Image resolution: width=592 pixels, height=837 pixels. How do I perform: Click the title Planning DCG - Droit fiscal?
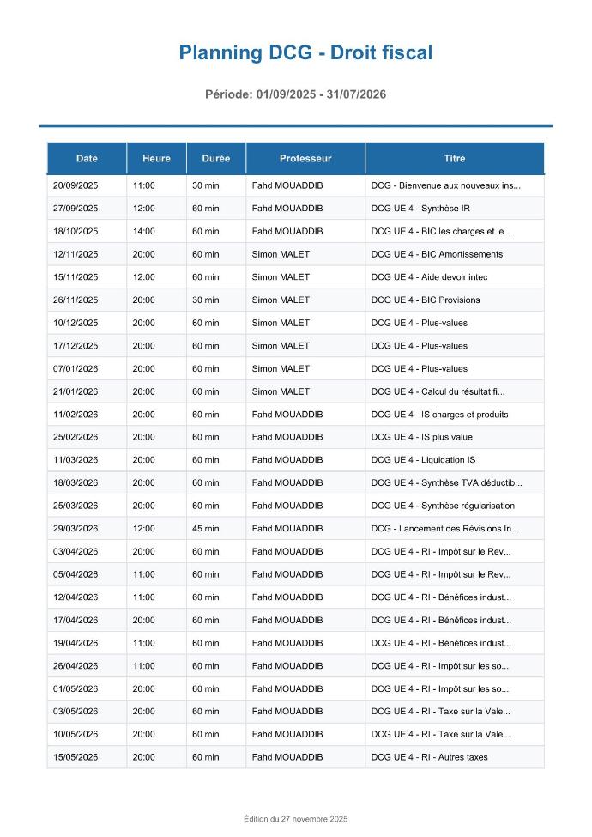(305, 53)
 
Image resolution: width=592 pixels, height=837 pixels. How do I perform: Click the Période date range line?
(295, 94)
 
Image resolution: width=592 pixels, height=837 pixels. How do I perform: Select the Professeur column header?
(305, 158)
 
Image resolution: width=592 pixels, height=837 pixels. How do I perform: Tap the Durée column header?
(215, 158)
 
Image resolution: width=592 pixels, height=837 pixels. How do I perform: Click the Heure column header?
(156, 158)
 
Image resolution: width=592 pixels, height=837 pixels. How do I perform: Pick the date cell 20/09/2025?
(76, 185)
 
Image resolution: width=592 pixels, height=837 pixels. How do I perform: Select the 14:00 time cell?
(143, 231)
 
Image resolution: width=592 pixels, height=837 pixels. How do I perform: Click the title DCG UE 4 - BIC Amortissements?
(437, 254)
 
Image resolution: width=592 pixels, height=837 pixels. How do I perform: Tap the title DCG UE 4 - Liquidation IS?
(423, 460)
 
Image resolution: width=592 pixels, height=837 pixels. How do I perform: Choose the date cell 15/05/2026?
(76, 757)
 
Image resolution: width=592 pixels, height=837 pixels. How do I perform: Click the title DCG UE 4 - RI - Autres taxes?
(429, 757)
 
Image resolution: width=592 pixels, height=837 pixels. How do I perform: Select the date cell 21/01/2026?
(76, 391)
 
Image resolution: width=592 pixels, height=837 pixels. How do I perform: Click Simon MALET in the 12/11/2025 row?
(281, 254)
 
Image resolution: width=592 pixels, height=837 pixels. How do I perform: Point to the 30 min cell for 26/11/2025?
(205, 300)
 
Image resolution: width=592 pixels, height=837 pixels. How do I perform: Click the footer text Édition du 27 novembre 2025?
(295, 818)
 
